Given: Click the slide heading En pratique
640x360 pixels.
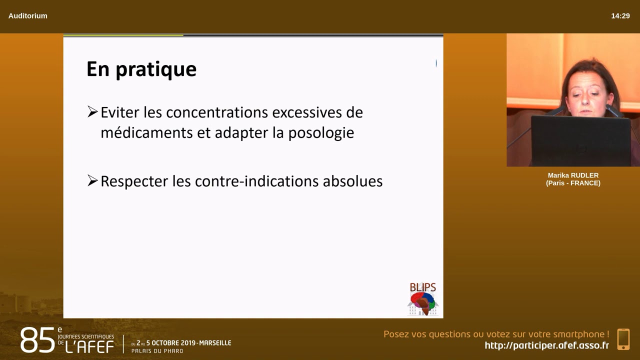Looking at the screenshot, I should click(x=141, y=69).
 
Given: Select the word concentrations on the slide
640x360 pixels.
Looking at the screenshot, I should click(x=216, y=112).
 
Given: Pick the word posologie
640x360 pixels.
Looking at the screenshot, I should click(x=321, y=133).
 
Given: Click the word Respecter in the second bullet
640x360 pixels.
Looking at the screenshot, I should click(x=134, y=181).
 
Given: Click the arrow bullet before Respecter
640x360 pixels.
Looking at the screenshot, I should click(x=92, y=180).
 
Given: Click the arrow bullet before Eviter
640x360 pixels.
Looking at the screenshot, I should click(x=92, y=112).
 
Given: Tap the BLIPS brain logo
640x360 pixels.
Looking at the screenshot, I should click(x=423, y=299).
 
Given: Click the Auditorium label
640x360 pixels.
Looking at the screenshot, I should click(x=28, y=16).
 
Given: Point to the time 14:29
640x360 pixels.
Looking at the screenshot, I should click(x=620, y=16).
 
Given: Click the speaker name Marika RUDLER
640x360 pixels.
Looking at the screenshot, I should click(x=573, y=175).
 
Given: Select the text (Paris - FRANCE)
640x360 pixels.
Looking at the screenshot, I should click(x=573, y=183).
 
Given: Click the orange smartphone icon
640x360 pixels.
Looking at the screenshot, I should click(x=623, y=339).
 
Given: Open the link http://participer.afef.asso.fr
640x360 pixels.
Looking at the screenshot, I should click(x=546, y=345).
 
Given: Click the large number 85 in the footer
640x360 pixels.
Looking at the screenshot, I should click(x=37, y=341).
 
